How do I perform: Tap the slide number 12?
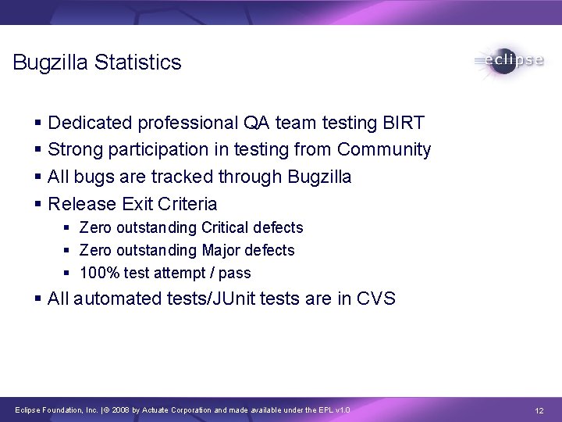[x=539, y=410]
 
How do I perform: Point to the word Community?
[x=383, y=149]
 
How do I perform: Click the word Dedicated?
[x=91, y=123]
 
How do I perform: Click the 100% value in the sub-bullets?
[x=98, y=273]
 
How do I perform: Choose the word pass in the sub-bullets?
[x=236, y=273]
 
